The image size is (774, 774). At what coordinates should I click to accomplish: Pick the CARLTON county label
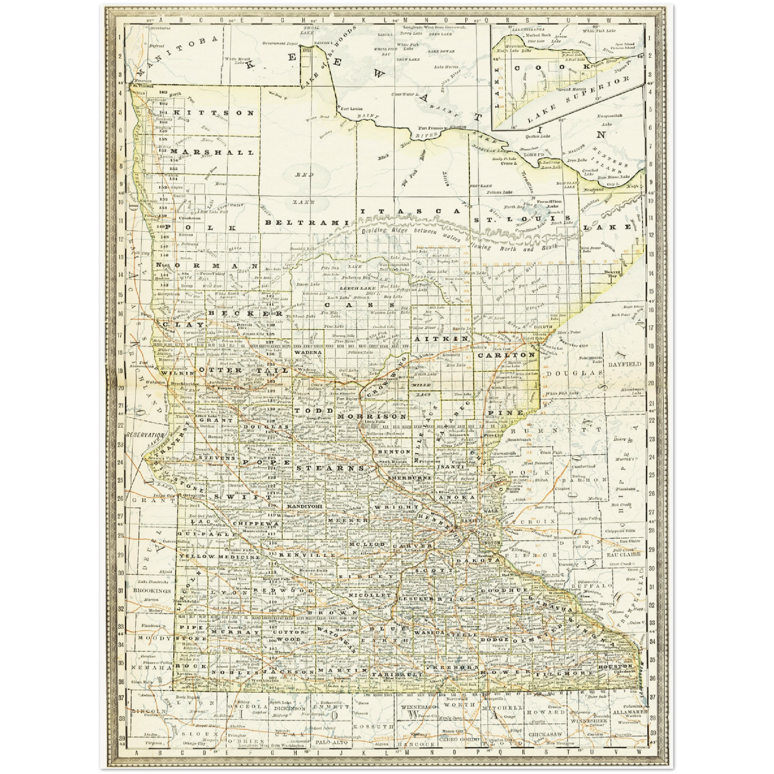506,355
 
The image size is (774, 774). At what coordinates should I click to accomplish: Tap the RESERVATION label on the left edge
145,435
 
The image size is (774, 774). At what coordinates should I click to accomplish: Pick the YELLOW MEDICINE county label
220,557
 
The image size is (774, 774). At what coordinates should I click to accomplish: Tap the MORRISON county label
372,416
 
